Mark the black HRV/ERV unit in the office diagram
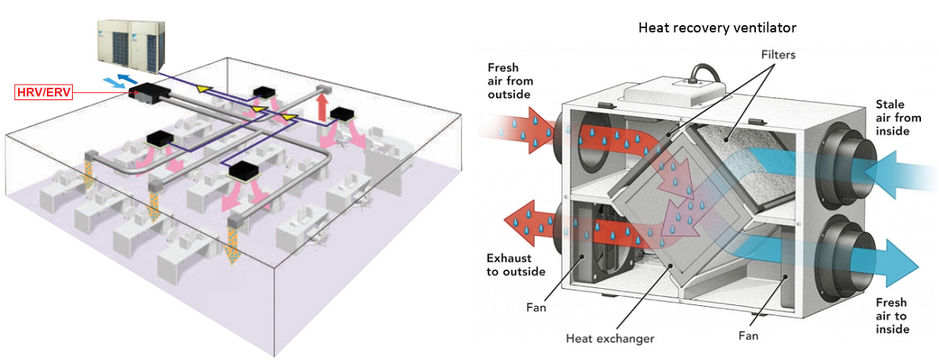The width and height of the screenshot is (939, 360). pos(143,92)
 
